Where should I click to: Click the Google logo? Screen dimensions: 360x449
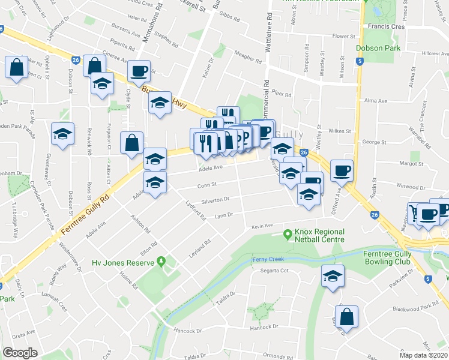20,353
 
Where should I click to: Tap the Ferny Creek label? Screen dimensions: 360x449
268,259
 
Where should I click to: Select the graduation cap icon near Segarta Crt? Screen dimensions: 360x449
332,276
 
